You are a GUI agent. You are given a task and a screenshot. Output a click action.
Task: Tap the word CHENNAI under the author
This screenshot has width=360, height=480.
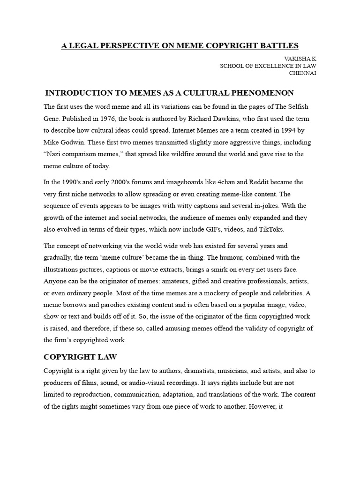302,73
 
